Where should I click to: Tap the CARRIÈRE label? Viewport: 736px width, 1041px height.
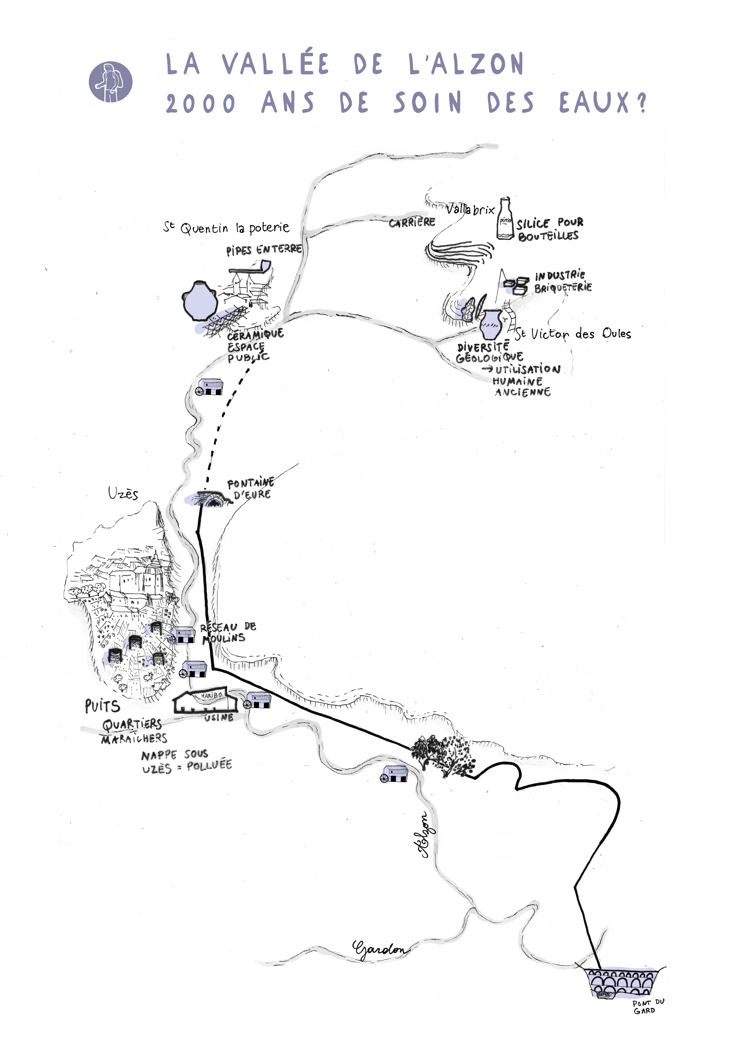point(412,222)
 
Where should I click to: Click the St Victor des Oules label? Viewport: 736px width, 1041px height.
point(573,334)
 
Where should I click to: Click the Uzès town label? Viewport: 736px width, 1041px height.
point(123,493)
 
